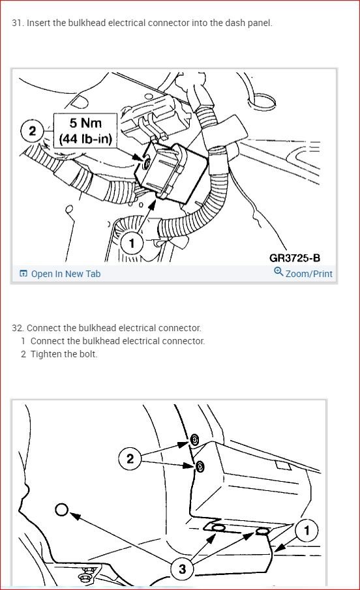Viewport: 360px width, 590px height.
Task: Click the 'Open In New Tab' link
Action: pyautogui.click(x=65, y=274)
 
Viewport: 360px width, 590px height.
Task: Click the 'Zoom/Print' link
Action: pyautogui.click(x=308, y=274)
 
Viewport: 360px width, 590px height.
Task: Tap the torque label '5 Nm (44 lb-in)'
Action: pyautogui.click(x=85, y=130)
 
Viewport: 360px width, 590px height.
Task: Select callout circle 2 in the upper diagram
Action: pyautogui.click(x=33, y=131)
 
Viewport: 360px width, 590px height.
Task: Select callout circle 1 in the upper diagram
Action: pyautogui.click(x=132, y=243)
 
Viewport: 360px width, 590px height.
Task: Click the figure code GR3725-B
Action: pyautogui.click(x=295, y=258)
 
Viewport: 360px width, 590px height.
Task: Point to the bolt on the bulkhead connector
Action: pyautogui.click(x=147, y=162)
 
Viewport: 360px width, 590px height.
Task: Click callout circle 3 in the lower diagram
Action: pyautogui.click(x=182, y=568)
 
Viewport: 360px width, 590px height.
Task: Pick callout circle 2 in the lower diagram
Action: pyautogui.click(x=130, y=458)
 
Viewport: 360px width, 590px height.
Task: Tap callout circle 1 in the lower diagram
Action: pyautogui.click(x=307, y=530)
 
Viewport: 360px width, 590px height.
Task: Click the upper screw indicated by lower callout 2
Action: pyautogui.click(x=194, y=439)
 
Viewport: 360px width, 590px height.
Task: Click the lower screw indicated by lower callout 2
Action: pyautogui.click(x=200, y=467)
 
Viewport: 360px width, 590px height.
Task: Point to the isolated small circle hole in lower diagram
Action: pyautogui.click(x=62, y=510)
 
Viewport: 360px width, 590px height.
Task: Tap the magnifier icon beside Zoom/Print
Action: pyautogui.click(x=278, y=271)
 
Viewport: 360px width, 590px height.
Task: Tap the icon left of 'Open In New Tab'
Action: pyautogui.click(x=23, y=274)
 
